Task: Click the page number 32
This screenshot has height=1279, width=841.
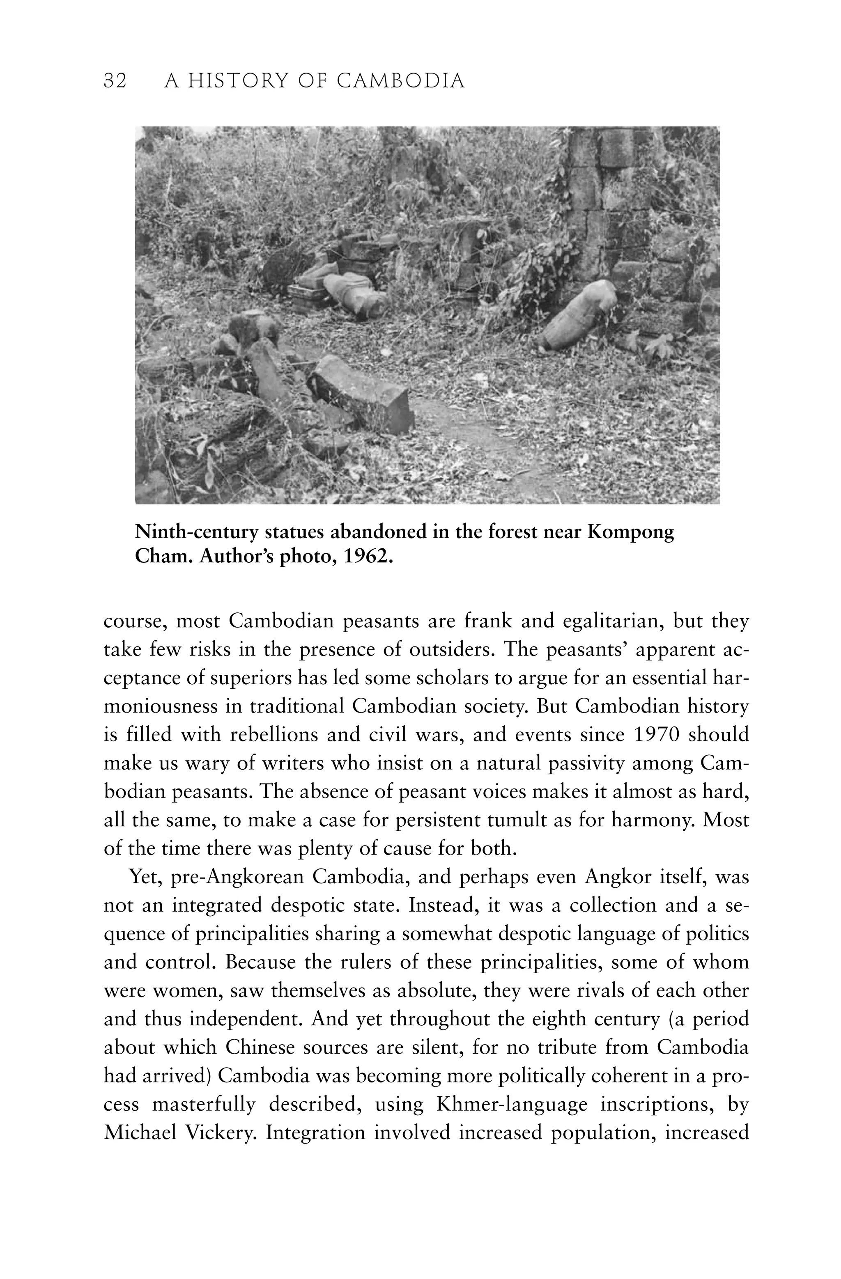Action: [x=115, y=81]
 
